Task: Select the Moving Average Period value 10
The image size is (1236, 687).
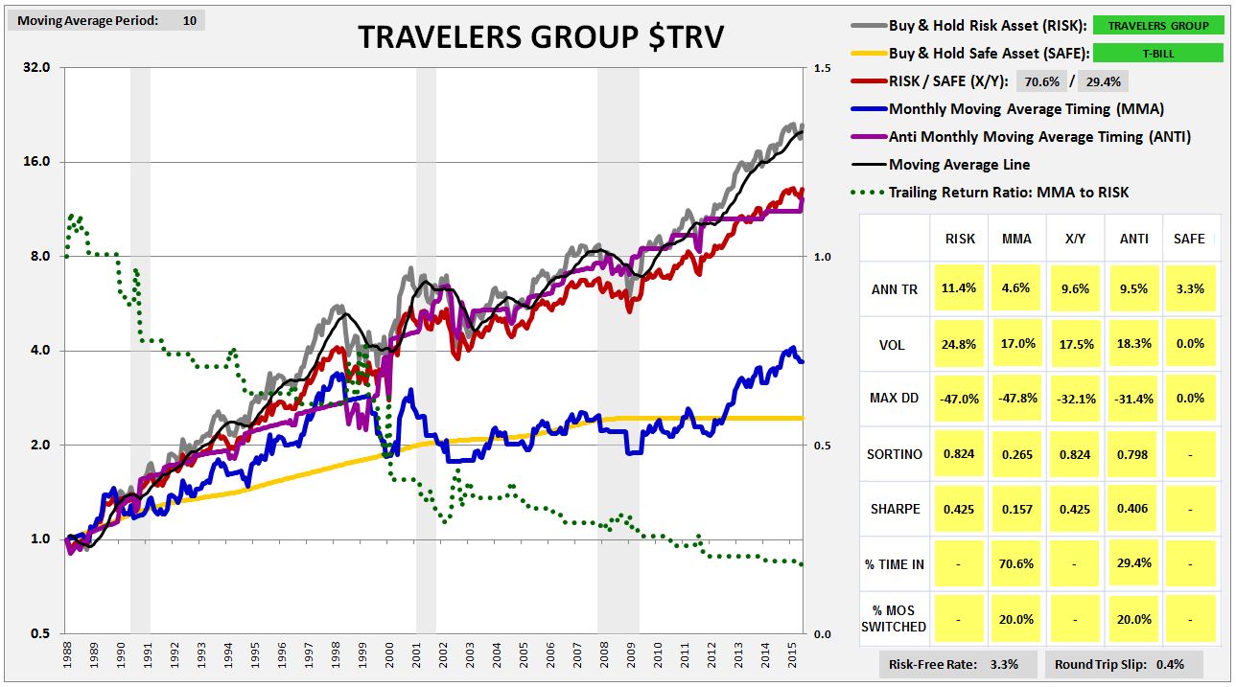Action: (x=189, y=20)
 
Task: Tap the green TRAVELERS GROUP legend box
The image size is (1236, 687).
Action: (x=1157, y=26)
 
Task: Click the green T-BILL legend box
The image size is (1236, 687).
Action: (x=1157, y=54)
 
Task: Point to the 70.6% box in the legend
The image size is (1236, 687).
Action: (x=1039, y=81)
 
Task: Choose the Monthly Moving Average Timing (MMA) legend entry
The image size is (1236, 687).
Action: (x=1026, y=109)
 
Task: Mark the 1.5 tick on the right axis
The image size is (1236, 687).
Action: (x=822, y=68)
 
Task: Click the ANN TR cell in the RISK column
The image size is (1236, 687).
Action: (x=960, y=288)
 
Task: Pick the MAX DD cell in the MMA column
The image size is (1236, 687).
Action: (x=1016, y=399)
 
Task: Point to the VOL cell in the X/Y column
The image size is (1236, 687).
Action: (x=1074, y=344)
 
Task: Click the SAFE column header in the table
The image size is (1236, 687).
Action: (x=1189, y=239)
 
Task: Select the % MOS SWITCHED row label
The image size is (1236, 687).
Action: (x=893, y=619)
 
